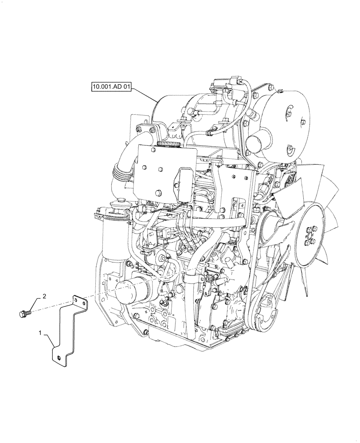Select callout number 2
coord(44,295)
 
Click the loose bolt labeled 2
coord(25,314)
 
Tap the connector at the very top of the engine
coord(220,84)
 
